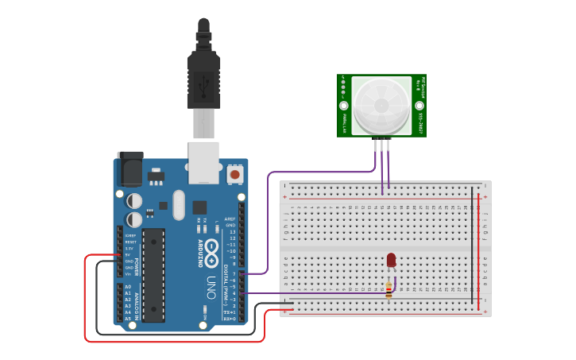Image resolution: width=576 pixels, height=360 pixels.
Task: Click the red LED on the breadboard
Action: coord(391,260)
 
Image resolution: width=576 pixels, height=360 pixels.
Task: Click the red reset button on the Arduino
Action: coord(235,173)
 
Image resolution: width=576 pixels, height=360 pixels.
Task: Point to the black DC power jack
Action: coord(130,168)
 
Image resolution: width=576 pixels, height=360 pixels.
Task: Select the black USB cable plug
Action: coord(203,79)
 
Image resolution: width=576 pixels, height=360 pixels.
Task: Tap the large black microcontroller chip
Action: coord(153,275)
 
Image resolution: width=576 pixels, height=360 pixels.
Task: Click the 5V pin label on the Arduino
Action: coord(129,255)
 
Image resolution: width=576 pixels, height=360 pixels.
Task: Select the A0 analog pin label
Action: coord(128,287)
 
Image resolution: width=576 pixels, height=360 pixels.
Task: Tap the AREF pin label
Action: coord(230,219)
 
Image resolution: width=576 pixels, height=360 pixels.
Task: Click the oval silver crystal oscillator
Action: coord(178,205)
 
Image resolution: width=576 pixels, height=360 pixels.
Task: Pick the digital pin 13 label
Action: coord(232,231)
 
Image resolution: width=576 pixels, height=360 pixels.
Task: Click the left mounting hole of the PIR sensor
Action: coord(344,105)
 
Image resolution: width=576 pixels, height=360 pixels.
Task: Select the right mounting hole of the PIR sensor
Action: coord(419,105)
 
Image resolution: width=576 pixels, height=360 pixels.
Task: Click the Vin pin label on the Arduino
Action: coord(129,274)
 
